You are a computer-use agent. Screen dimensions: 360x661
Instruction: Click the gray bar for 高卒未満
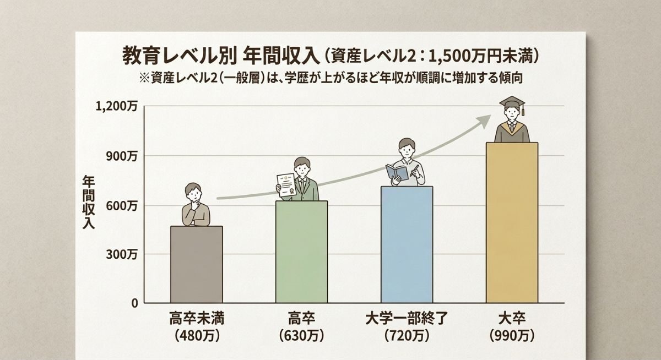[x=197, y=264]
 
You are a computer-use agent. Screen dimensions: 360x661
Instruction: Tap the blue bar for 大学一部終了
[x=407, y=245]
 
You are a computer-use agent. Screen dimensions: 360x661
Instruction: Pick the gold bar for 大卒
[x=512, y=223]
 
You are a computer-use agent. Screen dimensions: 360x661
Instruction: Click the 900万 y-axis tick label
[x=122, y=156]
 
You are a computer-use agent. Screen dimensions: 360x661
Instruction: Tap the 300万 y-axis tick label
[x=122, y=254]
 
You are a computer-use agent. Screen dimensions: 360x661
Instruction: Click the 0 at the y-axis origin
[x=134, y=303]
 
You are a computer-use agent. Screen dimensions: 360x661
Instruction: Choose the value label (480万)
[x=197, y=335]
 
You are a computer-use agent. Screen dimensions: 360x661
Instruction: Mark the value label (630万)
[x=301, y=335]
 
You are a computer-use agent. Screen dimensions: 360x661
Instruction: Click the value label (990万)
[x=512, y=335]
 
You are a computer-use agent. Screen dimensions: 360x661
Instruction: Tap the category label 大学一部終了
[x=407, y=318]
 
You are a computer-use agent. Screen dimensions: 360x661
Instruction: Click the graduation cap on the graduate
[x=512, y=102]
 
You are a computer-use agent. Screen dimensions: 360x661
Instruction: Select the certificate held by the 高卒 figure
[x=285, y=185]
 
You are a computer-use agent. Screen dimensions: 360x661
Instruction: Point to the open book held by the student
[x=397, y=172]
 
